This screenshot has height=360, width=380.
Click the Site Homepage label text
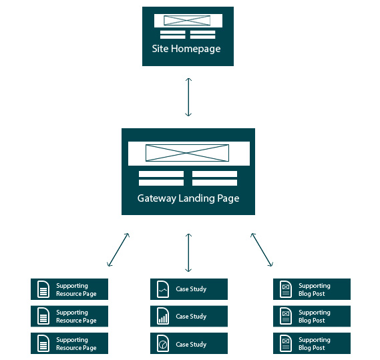coord(186,49)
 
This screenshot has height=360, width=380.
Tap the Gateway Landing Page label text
coord(188,198)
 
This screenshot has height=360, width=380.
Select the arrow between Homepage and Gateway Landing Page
coord(188,97)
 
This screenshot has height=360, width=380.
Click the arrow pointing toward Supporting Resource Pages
coord(118,250)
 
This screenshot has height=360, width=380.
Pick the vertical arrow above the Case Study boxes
coord(188,252)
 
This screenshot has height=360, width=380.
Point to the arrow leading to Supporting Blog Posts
coord(262,250)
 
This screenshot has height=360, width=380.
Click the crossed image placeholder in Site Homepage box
coord(187,20)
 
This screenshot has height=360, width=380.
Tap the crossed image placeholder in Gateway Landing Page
coord(187,153)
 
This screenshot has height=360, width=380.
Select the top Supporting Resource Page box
coord(69,289)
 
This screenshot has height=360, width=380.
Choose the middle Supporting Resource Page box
coord(69,316)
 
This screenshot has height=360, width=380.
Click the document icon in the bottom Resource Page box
coord(43,343)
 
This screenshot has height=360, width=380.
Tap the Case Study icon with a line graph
coord(163,289)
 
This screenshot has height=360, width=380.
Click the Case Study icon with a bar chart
coord(163,316)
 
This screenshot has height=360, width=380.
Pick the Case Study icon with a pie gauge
coord(163,343)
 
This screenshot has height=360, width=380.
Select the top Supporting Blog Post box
coord(312,289)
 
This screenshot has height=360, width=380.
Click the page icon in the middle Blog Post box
coord(286,316)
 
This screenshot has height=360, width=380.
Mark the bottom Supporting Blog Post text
coord(315,344)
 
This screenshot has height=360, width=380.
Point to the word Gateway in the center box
coord(157,198)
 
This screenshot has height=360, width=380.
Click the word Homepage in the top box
coord(196,49)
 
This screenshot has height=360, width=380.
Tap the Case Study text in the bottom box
coord(191,344)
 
